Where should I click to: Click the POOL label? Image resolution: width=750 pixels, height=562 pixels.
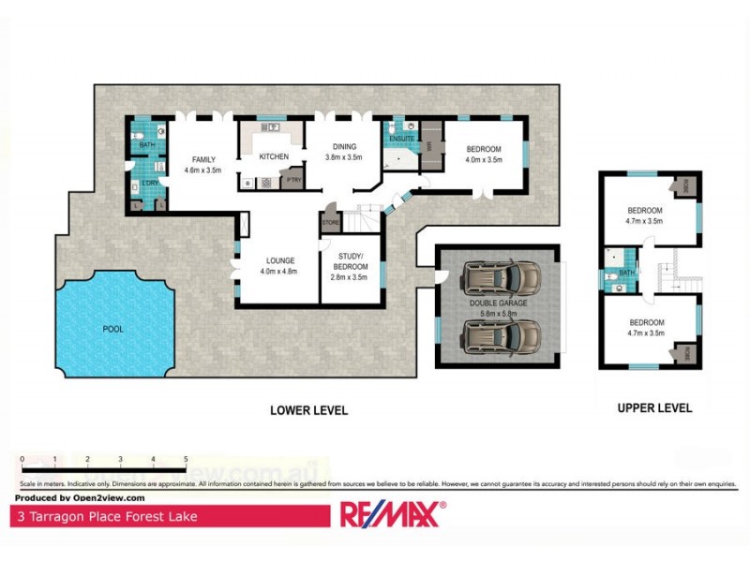[x=112, y=329]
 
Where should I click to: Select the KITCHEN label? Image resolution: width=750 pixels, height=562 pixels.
[x=274, y=156]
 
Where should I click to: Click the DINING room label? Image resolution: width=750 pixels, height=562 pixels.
[x=344, y=147]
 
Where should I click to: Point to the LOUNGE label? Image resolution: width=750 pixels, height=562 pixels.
[x=278, y=260]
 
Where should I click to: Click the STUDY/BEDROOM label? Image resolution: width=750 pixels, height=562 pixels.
[x=351, y=260]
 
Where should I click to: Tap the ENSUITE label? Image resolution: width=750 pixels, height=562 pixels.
[x=401, y=140]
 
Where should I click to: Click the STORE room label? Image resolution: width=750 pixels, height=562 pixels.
[x=330, y=222]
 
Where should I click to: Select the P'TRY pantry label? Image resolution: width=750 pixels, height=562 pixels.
[x=293, y=179]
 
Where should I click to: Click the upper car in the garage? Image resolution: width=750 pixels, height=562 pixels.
[x=502, y=277]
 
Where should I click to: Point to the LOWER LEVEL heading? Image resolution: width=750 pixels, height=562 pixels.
[x=308, y=409]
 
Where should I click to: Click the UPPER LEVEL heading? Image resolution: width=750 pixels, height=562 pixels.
[x=654, y=407]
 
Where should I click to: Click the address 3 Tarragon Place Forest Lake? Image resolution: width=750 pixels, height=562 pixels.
[x=105, y=515]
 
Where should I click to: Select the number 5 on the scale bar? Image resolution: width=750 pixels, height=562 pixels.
[x=186, y=459]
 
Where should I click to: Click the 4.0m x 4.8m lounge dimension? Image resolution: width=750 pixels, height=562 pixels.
[x=278, y=272]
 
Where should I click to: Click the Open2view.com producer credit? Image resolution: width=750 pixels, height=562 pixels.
[x=80, y=498]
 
